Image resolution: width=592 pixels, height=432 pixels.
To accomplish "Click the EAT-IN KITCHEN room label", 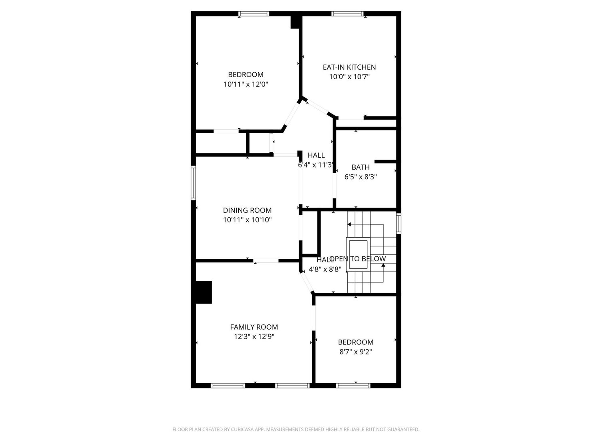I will (349, 67).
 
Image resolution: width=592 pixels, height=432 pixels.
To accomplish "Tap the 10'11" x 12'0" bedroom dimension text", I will (245, 84).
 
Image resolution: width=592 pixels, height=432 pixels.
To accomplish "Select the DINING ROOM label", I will (247, 210).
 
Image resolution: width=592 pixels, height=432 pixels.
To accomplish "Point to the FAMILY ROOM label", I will (254, 327).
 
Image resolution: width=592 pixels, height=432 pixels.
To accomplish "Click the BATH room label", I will (361, 167).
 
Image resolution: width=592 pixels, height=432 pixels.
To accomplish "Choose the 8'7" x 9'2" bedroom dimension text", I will (355, 352).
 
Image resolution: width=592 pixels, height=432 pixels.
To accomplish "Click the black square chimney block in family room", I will (203, 292).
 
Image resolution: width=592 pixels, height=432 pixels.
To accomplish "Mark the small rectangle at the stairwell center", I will (359, 255).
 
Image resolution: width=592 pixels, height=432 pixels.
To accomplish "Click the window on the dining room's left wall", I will (193, 183).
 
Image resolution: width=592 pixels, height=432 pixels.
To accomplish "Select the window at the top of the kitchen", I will (347, 14).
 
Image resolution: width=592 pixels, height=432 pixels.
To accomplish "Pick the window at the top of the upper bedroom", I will (254, 14).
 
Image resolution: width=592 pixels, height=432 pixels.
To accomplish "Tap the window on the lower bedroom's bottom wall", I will (353, 386).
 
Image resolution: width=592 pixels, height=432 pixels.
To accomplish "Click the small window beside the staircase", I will (399, 223).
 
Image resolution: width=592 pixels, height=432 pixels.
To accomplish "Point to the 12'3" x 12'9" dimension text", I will (254, 337).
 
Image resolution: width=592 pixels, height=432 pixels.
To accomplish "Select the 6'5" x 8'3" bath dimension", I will (361, 176).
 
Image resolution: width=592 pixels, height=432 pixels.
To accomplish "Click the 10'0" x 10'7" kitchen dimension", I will (349, 77).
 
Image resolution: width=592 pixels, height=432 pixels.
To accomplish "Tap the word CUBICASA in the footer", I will (244, 429).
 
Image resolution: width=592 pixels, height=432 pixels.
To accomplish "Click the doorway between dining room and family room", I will (266, 261).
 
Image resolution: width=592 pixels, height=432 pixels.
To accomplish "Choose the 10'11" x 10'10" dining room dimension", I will (247, 220).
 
